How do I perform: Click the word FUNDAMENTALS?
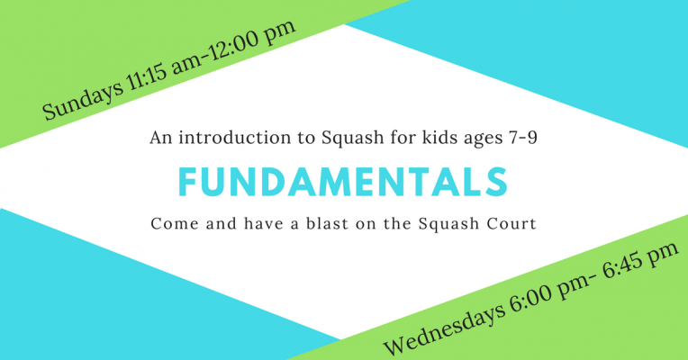click(343, 182)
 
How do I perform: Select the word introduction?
click(234, 138)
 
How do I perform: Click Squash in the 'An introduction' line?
click(353, 139)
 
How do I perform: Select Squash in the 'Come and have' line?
click(448, 224)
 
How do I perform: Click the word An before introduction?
click(161, 138)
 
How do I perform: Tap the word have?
click(263, 223)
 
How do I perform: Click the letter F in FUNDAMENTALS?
click(187, 182)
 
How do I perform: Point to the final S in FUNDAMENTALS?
click(498, 182)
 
